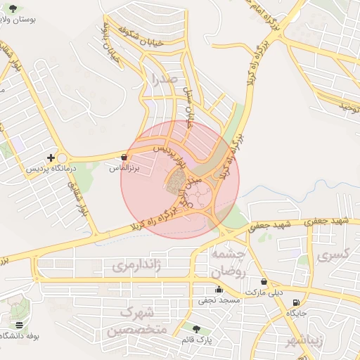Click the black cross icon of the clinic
51,157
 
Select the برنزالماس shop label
124,169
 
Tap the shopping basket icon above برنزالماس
124,157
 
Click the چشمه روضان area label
228,261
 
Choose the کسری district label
333,256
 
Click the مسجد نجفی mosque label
219,300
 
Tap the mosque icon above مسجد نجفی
219,289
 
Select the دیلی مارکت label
264,292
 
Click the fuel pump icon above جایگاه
296,303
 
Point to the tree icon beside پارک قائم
196,329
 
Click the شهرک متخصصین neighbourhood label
132,321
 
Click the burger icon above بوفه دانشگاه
19,325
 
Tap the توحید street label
349,107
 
